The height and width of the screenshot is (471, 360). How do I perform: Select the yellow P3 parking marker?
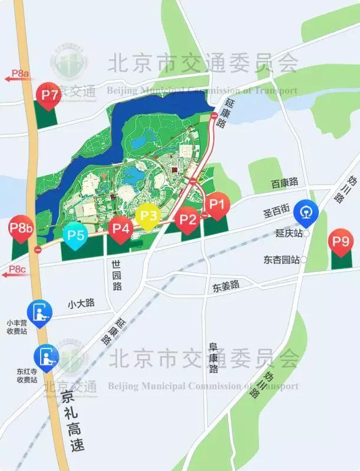(x=147, y=215)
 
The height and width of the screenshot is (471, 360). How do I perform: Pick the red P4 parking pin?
(x=121, y=226)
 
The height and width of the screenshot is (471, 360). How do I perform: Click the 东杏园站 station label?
(x=282, y=259)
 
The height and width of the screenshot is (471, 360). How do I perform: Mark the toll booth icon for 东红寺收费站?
(x=47, y=355)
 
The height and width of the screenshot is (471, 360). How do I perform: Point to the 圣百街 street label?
(x=276, y=209)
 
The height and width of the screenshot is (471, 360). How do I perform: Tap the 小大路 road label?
(x=81, y=304)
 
